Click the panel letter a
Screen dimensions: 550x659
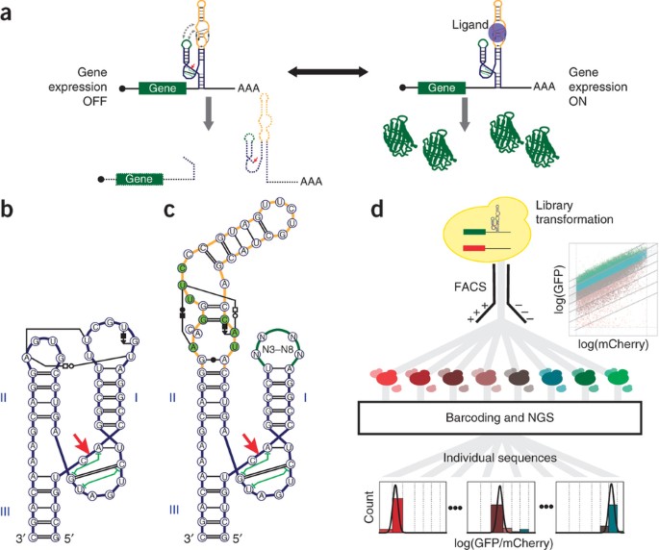coord(10,12)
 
